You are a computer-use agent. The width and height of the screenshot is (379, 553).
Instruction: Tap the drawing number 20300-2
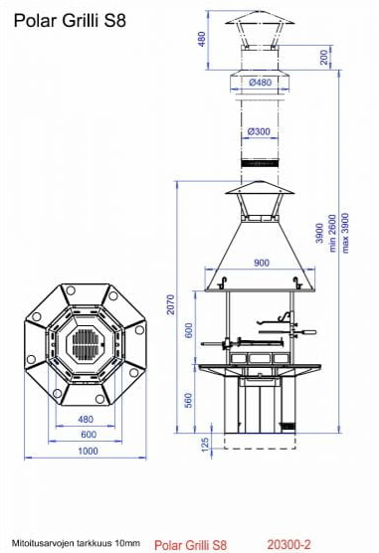coord(289,543)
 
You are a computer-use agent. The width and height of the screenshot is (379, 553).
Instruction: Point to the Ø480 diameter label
coord(261,83)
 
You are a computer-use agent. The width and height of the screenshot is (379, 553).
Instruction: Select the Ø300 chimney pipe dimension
coord(261,130)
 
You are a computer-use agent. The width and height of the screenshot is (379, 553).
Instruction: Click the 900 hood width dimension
coord(261,264)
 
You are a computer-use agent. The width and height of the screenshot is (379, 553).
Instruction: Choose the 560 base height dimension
coord(187,399)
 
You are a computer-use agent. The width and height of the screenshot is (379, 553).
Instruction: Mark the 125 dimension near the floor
coord(205,444)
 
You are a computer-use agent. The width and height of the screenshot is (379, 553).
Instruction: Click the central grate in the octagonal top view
coord(86,349)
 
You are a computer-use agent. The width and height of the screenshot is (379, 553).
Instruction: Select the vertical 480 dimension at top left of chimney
coord(202,39)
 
